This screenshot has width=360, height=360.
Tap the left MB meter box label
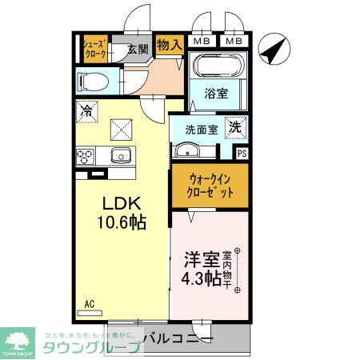coord(202,41)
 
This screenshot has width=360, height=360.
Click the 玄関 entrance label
coord(138,49)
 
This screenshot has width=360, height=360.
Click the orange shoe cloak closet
coord(95,49)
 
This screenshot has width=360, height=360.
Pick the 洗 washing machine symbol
coord(236,126)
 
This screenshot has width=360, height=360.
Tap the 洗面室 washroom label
coord(202,129)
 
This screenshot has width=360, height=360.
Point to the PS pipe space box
coord(242,154)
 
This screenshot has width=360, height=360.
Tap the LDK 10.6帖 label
coord(122,214)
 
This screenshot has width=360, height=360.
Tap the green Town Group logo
coord(18,340)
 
